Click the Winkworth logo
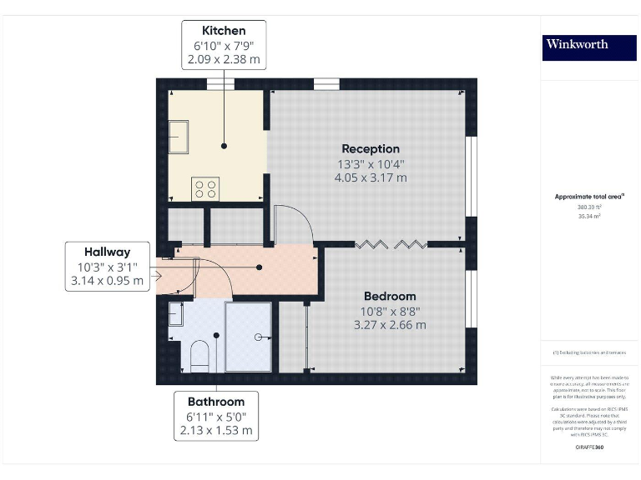(x=578, y=44)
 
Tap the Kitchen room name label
(x=224, y=31)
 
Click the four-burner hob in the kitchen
(x=206, y=188)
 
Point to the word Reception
(x=371, y=149)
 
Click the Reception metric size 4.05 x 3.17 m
(x=371, y=177)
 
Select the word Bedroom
(x=390, y=296)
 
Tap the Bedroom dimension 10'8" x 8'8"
(x=390, y=311)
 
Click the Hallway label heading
(x=107, y=252)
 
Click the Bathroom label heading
(x=216, y=402)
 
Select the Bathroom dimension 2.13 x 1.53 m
(x=216, y=431)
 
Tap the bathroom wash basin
(x=176, y=314)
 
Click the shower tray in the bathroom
(x=249, y=336)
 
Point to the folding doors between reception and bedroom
(x=392, y=244)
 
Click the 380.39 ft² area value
(x=589, y=207)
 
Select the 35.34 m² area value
(x=589, y=215)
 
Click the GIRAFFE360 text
(x=589, y=447)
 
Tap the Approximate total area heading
(x=589, y=197)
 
